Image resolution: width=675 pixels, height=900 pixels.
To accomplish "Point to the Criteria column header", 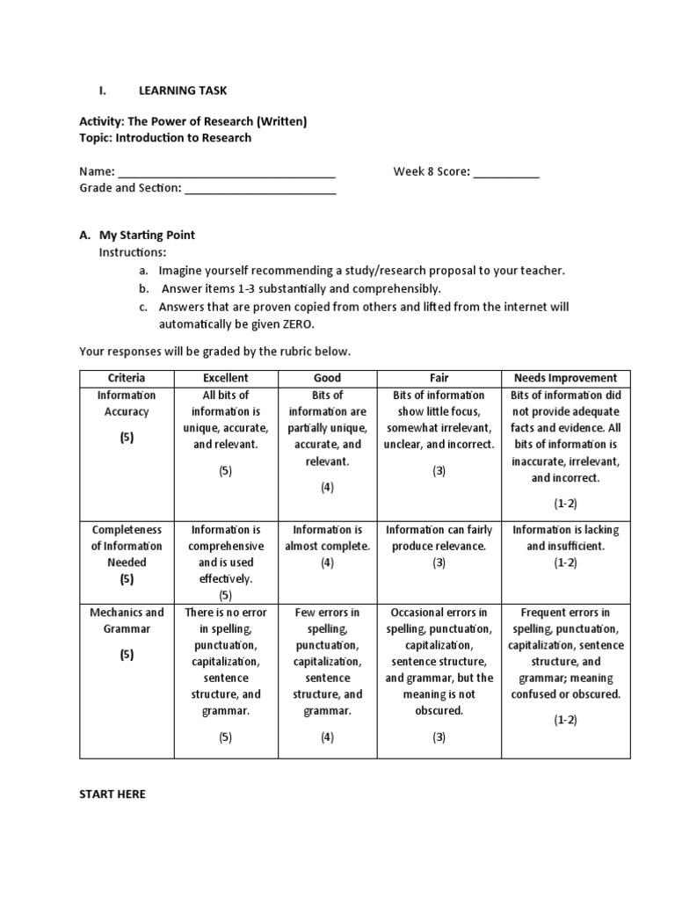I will (x=127, y=378).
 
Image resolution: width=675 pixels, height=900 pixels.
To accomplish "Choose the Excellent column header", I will (x=226, y=378).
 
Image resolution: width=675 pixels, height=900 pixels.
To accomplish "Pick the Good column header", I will (x=327, y=378).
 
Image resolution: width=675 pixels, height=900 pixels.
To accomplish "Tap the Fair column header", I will (x=439, y=378).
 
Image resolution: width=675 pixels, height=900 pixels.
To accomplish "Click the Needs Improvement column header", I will (x=565, y=378).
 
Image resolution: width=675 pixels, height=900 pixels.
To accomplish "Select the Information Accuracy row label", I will (x=127, y=403).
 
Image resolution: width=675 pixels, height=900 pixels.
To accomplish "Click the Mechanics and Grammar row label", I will (x=127, y=621).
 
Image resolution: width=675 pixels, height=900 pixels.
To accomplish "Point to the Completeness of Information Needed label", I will (x=127, y=546).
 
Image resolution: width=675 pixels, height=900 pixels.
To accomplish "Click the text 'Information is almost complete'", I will (x=327, y=538).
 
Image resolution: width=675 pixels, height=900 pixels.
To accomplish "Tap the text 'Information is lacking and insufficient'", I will (x=565, y=538).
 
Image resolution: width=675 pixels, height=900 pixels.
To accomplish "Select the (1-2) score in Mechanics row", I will (x=565, y=720).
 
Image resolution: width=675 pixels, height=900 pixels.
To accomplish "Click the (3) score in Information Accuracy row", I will (x=439, y=470).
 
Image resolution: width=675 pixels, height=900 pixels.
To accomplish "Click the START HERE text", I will (x=112, y=794).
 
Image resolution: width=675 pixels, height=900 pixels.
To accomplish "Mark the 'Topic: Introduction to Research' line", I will (x=165, y=138).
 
